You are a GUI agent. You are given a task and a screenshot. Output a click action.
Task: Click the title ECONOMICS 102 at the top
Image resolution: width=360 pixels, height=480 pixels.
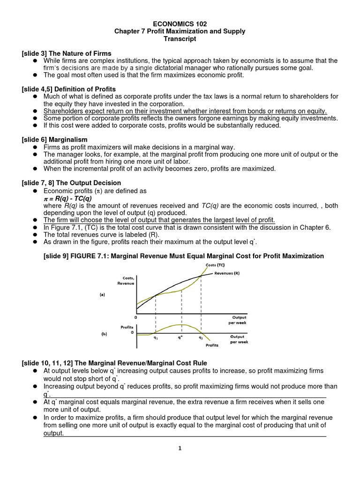point(180,23)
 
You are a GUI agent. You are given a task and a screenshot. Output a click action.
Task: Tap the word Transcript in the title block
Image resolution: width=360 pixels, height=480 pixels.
point(180,39)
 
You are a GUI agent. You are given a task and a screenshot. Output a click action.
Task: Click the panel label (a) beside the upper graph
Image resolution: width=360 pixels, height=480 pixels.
point(102,295)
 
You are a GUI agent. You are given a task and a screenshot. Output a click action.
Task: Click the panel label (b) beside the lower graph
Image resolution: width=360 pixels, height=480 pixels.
point(102,334)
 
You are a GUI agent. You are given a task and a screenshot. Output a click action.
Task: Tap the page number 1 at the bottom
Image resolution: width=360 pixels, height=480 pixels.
point(180,448)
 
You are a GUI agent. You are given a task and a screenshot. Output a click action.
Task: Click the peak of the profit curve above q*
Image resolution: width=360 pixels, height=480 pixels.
point(180,324)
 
